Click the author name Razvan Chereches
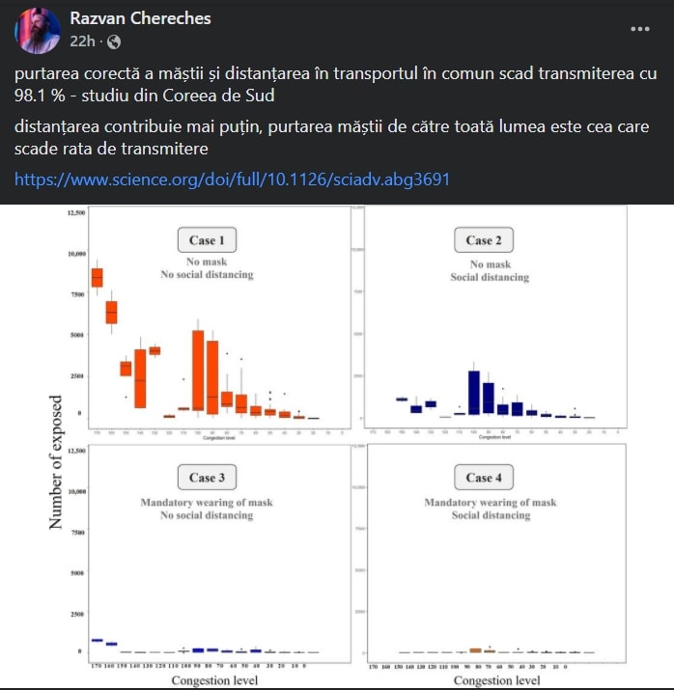140,19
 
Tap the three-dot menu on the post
639,29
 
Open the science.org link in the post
232,179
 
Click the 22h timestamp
83,41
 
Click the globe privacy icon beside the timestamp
114,41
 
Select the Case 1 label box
207,239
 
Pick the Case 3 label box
207,477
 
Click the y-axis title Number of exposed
56,461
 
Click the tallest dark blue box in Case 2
474,392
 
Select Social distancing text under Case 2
490,278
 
